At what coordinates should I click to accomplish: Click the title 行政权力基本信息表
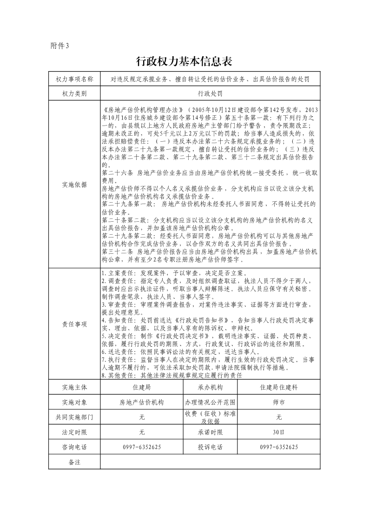tap(184, 62)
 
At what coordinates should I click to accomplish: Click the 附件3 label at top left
tap(59, 46)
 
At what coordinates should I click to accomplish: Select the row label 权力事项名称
tap(74, 79)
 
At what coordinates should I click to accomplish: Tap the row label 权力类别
tap(74, 93)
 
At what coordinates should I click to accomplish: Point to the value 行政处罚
tap(210, 93)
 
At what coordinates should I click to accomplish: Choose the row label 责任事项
tap(74, 324)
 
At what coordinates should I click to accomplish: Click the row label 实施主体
tap(74, 387)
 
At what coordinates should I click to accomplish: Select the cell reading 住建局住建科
tap(279, 387)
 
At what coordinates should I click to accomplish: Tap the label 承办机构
tap(210, 387)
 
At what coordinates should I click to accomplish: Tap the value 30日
tap(279, 432)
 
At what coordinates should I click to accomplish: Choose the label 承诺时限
tap(210, 432)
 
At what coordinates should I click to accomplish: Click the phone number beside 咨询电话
tap(142, 447)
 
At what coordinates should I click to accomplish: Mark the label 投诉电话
tap(210, 447)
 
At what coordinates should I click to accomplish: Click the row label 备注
tap(74, 462)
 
